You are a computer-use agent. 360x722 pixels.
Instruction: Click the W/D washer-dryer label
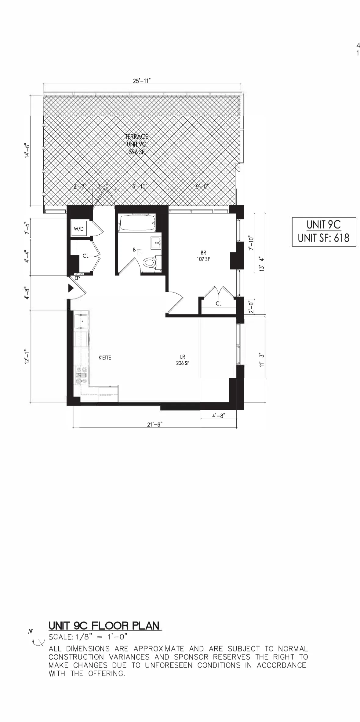click(79, 229)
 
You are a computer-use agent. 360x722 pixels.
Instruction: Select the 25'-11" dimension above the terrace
click(142, 81)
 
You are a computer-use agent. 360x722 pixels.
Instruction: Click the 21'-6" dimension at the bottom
click(155, 424)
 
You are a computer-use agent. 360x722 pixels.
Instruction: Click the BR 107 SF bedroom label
click(203, 256)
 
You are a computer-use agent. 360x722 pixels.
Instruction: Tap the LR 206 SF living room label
click(183, 360)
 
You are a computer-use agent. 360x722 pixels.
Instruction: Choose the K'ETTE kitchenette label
click(105, 358)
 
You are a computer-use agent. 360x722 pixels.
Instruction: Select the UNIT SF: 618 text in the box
click(324, 238)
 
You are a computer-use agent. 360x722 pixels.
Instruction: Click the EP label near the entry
click(77, 278)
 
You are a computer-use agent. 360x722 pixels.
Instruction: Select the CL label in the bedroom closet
click(219, 303)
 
